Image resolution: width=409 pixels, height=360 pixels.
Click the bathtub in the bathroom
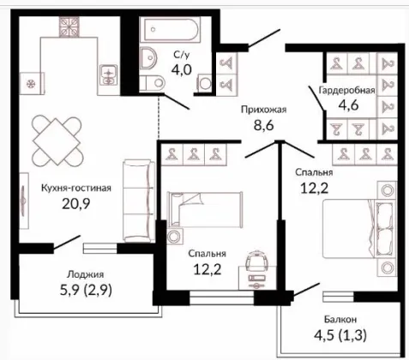(x=171, y=29)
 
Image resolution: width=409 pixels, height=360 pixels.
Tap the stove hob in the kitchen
(x=69, y=27)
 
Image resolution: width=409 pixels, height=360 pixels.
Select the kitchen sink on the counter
(x=109, y=75)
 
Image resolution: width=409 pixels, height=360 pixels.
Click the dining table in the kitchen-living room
(x=57, y=141)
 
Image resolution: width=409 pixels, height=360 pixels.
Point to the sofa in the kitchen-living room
(x=139, y=201)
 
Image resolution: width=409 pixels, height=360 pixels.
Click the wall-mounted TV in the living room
(x=24, y=201)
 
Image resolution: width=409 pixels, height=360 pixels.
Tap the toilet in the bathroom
(x=152, y=83)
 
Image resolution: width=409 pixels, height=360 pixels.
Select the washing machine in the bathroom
(x=205, y=83)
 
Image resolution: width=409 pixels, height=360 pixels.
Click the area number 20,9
(x=75, y=204)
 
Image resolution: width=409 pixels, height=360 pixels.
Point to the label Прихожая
(x=263, y=110)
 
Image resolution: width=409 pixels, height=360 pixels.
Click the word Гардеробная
(x=346, y=90)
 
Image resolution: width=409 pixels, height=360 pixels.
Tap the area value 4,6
(x=348, y=105)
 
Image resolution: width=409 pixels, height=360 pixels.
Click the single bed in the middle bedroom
(x=205, y=210)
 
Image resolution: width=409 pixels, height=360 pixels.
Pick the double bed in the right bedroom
(x=359, y=229)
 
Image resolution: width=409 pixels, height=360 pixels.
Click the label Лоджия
(x=85, y=274)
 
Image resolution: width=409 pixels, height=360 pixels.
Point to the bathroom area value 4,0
(x=181, y=69)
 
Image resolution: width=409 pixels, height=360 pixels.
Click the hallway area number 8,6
(x=264, y=125)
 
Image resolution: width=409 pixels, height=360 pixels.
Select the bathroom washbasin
(x=148, y=58)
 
